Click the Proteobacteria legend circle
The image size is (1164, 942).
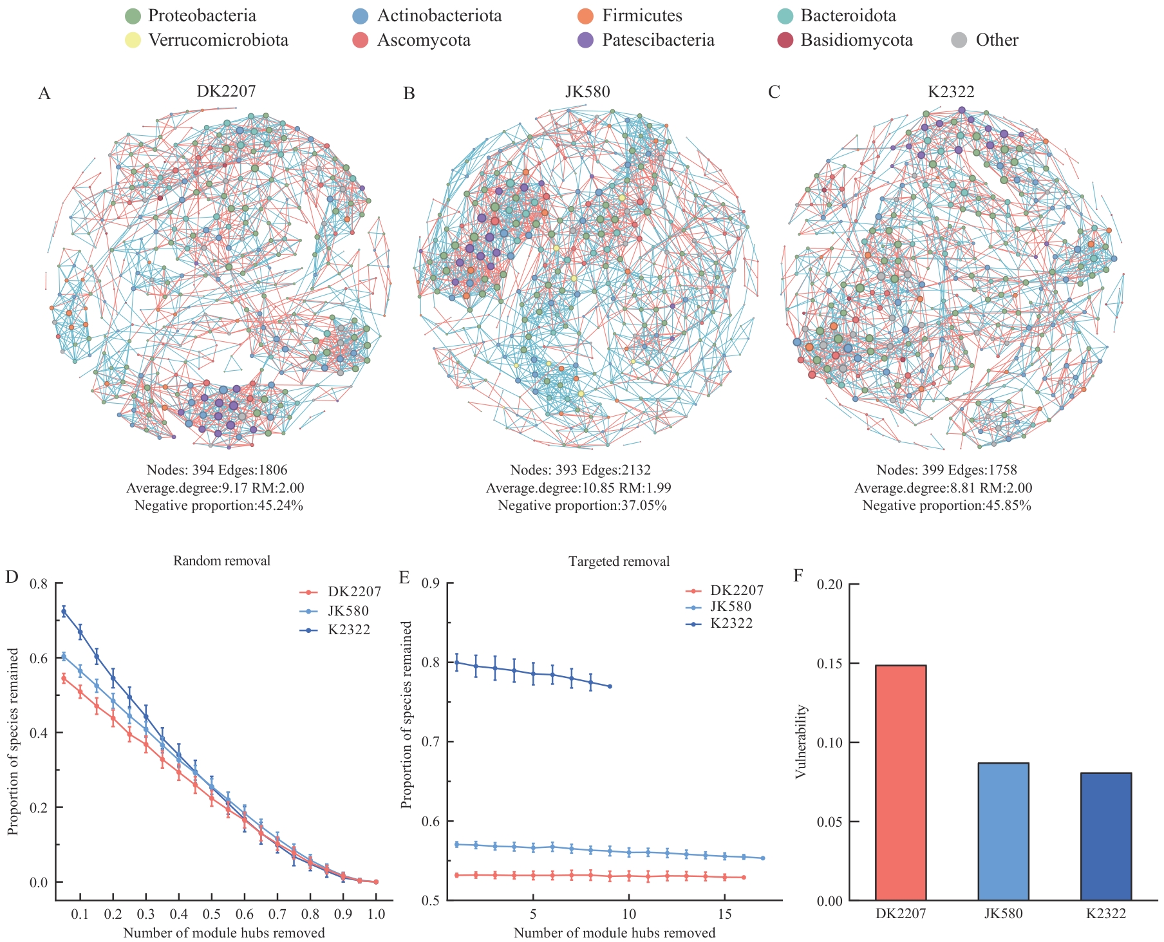(x=133, y=16)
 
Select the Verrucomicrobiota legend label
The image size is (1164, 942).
(x=218, y=40)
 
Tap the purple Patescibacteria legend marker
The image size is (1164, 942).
(x=586, y=40)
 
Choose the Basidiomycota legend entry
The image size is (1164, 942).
(x=856, y=40)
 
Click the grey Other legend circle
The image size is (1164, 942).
(x=959, y=40)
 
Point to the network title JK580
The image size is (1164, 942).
(x=587, y=91)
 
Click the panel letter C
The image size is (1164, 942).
(x=774, y=93)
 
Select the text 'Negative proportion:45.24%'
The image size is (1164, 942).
(x=218, y=505)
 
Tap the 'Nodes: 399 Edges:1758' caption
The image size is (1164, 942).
(x=946, y=470)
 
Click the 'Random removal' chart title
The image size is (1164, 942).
(x=221, y=561)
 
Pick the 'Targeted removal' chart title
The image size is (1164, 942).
(x=619, y=561)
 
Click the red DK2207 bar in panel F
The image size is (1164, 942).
(x=900, y=782)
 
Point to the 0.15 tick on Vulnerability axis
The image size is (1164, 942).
(x=830, y=663)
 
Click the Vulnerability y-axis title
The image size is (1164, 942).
(x=801, y=742)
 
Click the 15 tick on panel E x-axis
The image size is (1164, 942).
(x=725, y=914)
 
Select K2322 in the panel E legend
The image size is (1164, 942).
(x=731, y=623)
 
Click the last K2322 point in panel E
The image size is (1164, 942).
(x=610, y=686)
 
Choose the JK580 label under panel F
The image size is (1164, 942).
(x=1003, y=913)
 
